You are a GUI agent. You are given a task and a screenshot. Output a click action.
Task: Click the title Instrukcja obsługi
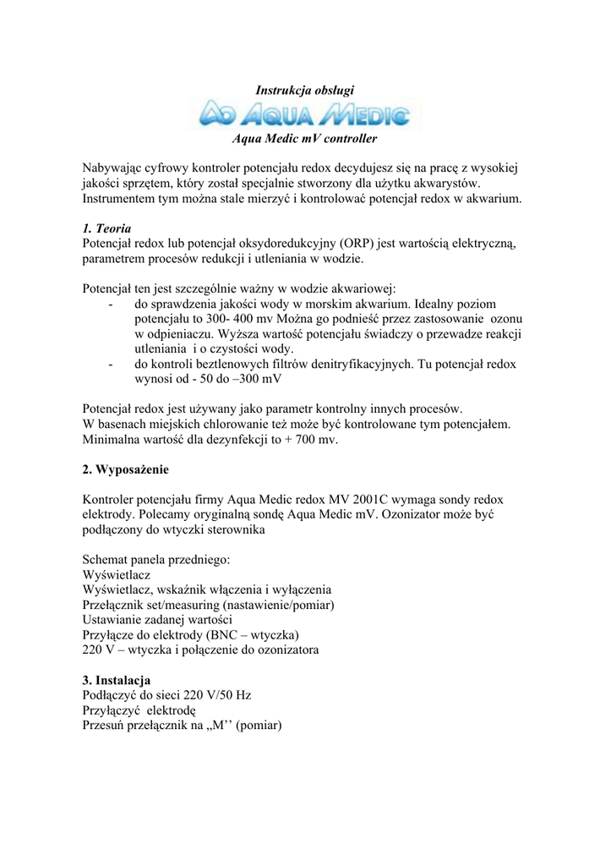304,90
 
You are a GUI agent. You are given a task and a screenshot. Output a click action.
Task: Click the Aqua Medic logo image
308,114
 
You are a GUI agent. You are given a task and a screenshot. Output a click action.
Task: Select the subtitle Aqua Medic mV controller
304,137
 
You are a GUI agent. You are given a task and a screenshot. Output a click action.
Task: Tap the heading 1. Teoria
107,228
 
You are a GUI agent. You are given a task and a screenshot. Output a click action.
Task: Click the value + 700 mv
305,440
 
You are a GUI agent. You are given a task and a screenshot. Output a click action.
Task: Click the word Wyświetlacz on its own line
117,574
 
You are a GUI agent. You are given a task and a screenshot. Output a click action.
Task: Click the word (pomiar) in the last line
259,726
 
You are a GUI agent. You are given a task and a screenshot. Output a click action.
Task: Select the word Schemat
110,558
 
